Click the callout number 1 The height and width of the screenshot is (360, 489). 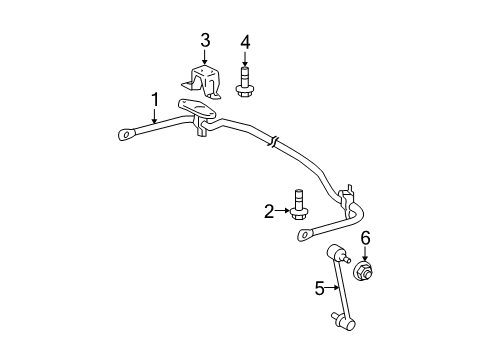coord(155,98)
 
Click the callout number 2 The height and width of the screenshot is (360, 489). coord(269,210)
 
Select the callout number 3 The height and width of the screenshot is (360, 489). coord(204,40)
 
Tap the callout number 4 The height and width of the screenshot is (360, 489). coord(244,41)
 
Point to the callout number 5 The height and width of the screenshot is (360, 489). coord(320,289)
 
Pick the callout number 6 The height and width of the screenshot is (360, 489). coord(365,237)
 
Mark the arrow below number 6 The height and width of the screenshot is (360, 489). coord(365,253)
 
